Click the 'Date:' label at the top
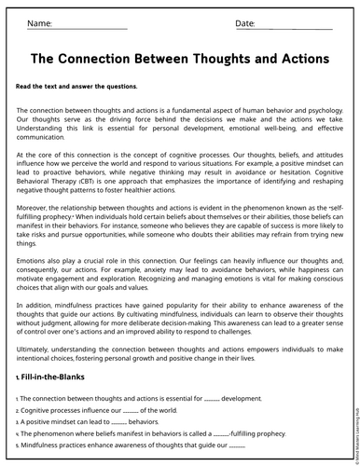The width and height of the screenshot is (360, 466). [245, 22]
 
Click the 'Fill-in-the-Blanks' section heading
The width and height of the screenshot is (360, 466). [54, 377]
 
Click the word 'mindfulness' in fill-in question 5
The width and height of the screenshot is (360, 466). [45, 445]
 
